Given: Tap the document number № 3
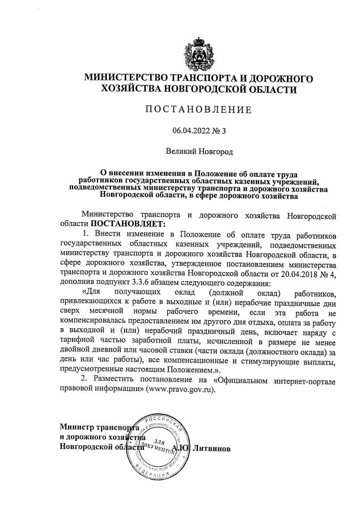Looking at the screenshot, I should click(220, 131).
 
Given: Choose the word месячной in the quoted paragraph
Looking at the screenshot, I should click(105, 312).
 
